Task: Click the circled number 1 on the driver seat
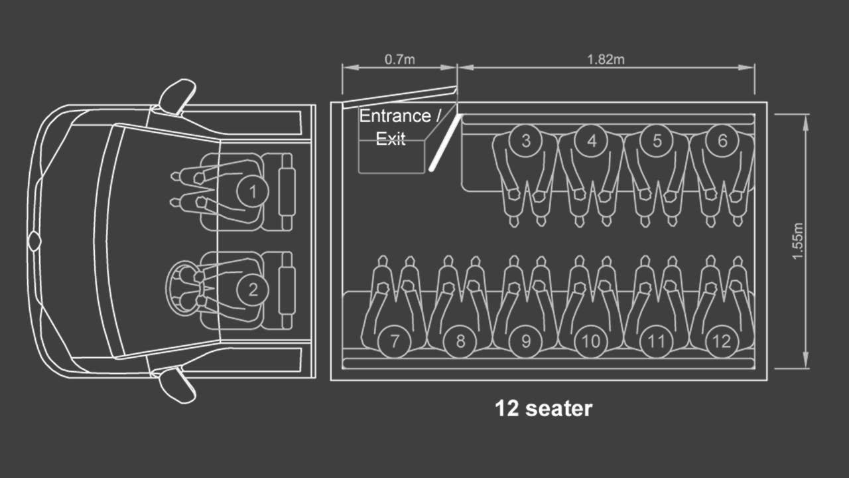(x=253, y=192)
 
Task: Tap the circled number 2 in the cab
(x=253, y=290)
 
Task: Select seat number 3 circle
(x=526, y=141)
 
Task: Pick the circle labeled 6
(x=722, y=141)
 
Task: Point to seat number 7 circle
(x=395, y=341)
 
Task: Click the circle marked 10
(x=591, y=341)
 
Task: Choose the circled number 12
(x=722, y=341)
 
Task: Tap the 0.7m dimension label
(x=400, y=60)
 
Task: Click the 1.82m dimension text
(x=606, y=60)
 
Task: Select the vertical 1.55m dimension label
(x=798, y=241)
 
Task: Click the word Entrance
(x=395, y=116)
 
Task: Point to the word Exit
(x=391, y=139)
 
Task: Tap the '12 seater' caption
(x=543, y=408)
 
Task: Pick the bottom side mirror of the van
(x=176, y=386)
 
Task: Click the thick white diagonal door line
(x=446, y=142)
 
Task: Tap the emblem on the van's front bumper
(x=34, y=241)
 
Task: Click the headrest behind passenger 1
(x=287, y=192)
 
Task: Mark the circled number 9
(x=526, y=341)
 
